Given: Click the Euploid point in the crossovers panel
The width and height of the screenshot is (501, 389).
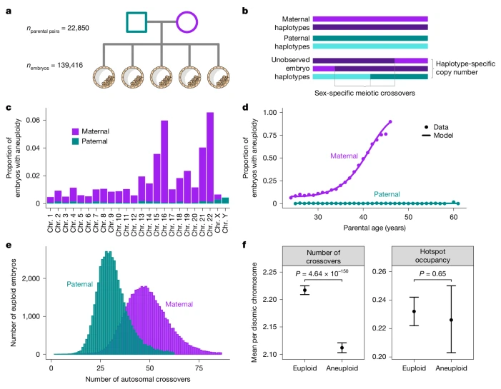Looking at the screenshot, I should tap(325, 290).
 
